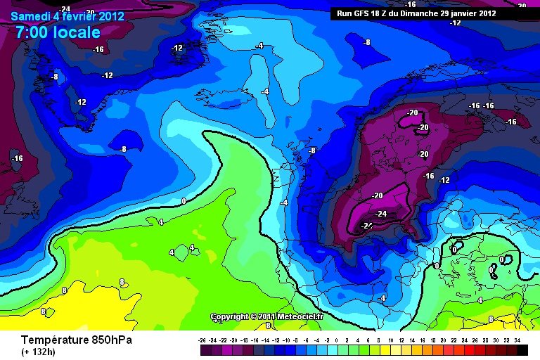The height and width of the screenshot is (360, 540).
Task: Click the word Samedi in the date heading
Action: (30, 15)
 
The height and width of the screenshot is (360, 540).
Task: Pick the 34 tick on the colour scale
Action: (517, 340)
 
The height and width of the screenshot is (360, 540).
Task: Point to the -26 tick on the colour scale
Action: (202, 340)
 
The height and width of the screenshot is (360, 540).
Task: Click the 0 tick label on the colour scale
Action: (338, 340)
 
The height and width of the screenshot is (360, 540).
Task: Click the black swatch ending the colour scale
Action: (521, 349)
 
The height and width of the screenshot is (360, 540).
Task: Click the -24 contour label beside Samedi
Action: (65, 8)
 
